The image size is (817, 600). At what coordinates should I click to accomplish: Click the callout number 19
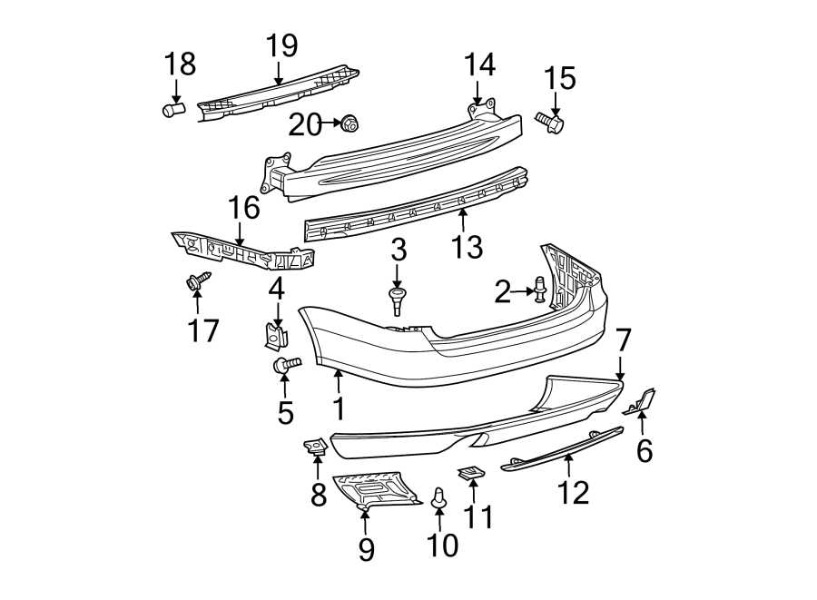click(281, 46)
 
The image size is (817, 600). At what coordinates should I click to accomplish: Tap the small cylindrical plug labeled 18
click(172, 110)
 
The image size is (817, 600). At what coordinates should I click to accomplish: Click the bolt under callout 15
click(550, 122)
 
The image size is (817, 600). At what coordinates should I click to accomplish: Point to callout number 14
click(480, 65)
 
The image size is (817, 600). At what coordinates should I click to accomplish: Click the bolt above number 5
click(286, 366)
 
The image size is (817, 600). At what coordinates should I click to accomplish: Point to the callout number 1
click(338, 408)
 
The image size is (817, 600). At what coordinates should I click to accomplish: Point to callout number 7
click(622, 342)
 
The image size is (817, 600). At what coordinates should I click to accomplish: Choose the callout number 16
click(243, 208)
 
